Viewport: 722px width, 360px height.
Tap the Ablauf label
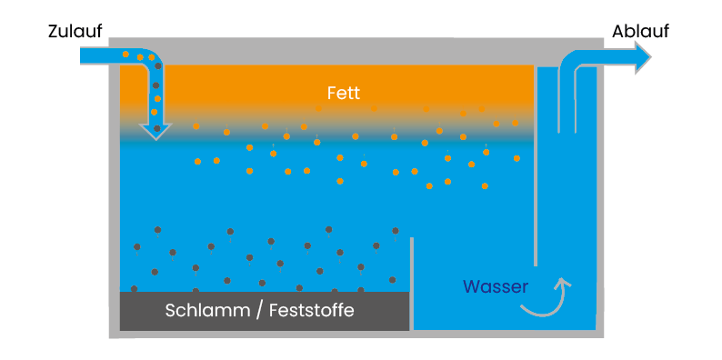[640, 32]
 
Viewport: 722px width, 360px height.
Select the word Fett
[345, 93]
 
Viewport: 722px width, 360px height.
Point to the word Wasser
[496, 287]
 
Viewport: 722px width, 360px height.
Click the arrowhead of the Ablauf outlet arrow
[643, 57]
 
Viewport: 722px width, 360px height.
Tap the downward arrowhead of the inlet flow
[155, 130]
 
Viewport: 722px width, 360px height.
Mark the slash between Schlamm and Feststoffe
[259, 311]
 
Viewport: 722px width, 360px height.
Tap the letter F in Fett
[332, 93]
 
